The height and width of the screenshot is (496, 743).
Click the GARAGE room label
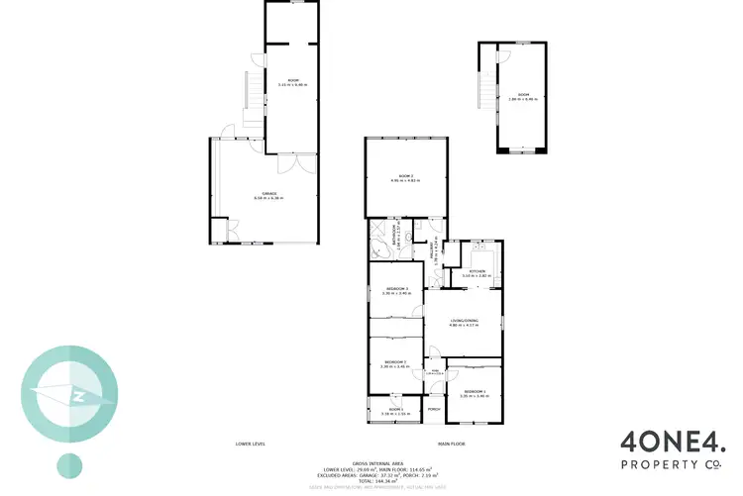click(x=268, y=194)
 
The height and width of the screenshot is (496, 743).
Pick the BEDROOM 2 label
click(x=395, y=363)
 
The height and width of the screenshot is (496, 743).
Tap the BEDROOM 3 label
click(x=395, y=289)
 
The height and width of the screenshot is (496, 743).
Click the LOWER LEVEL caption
click(x=250, y=444)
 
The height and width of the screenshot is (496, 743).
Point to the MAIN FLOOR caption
click(x=452, y=444)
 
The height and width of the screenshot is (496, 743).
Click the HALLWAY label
click(x=433, y=254)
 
